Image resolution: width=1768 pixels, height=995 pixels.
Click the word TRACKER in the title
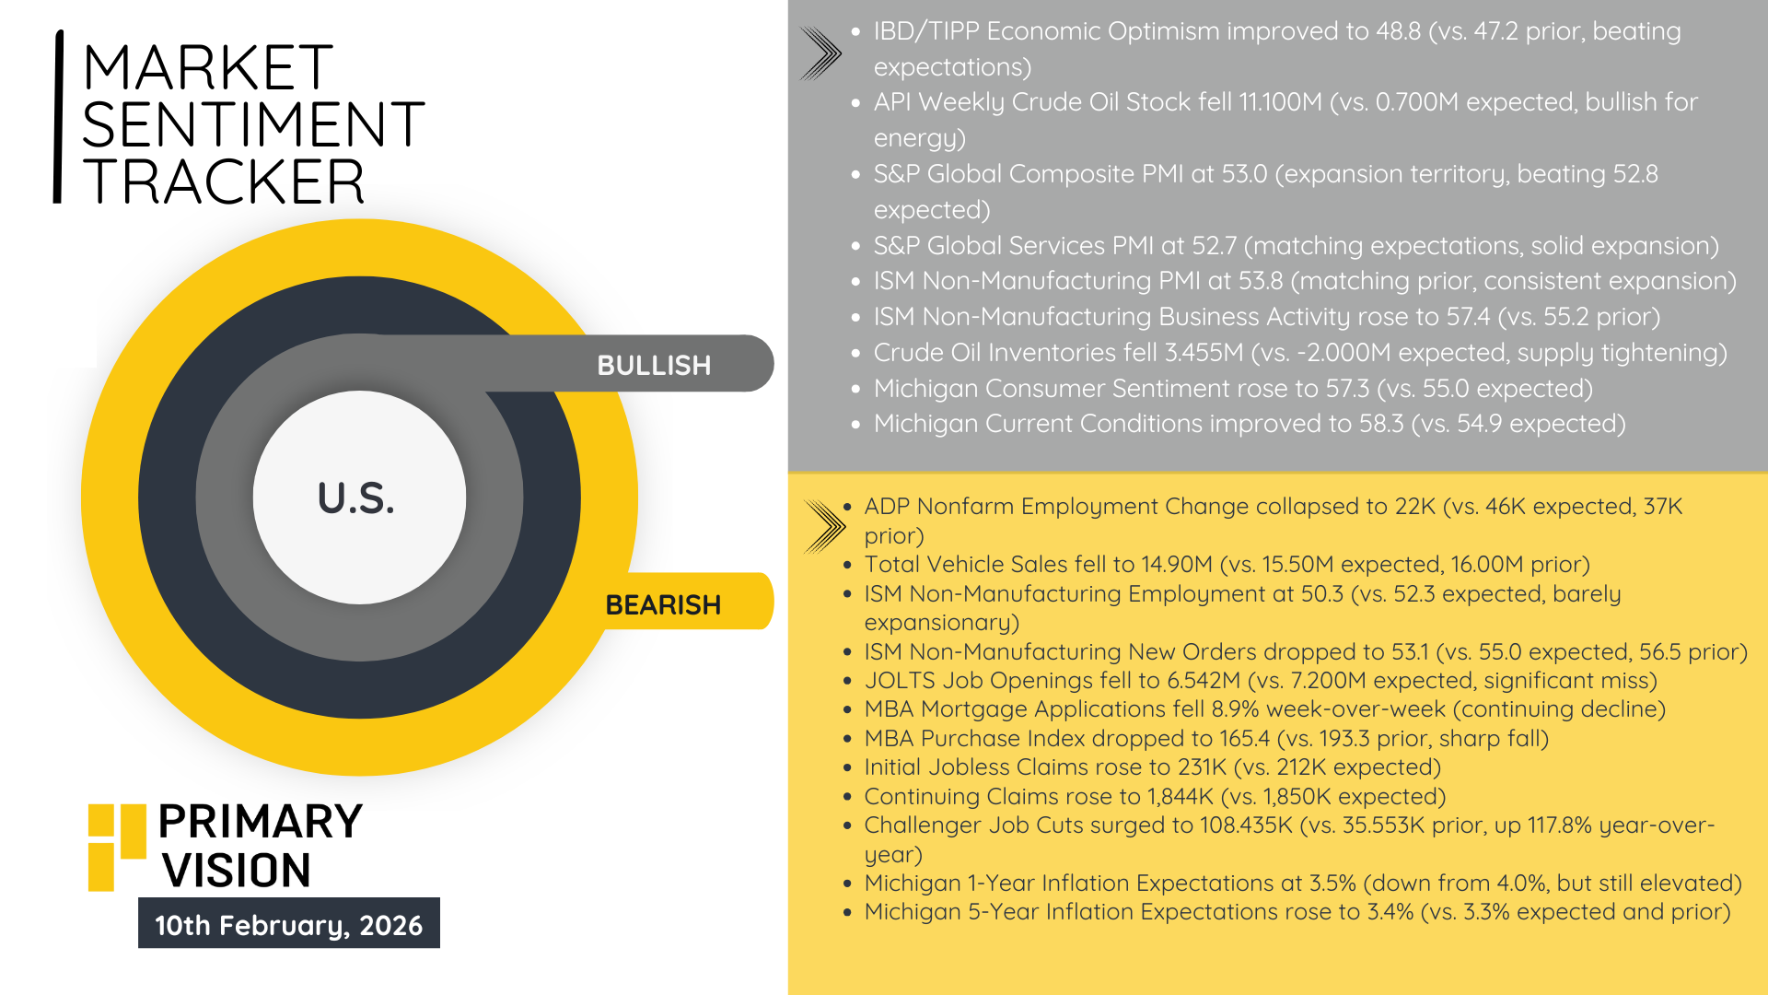click(x=224, y=181)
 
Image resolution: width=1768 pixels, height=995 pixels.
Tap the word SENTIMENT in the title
click(x=253, y=124)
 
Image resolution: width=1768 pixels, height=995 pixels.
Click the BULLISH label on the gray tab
click(x=654, y=365)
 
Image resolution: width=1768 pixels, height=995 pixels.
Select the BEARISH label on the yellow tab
click(x=663, y=604)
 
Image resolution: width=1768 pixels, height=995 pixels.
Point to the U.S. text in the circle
click(x=356, y=498)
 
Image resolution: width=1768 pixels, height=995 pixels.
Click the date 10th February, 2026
click(x=288, y=924)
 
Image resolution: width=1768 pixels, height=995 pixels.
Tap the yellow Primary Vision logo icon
click(x=116, y=847)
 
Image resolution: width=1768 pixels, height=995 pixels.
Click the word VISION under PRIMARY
click(x=237, y=871)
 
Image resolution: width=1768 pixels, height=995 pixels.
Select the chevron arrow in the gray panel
click(x=820, y=53)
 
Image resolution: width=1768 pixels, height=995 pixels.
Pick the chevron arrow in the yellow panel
click(x=824, y=526)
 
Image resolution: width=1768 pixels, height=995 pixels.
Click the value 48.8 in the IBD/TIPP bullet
click(x=1398, y=31)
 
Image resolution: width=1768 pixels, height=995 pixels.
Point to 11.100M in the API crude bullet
click(x=1280, y=102)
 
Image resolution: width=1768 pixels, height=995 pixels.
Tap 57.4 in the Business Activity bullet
click(x=1468, y=317)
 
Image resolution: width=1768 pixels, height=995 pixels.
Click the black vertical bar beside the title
click(x=59, y=116)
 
